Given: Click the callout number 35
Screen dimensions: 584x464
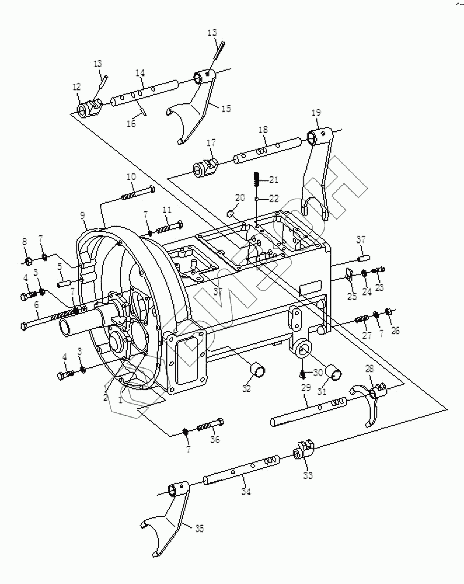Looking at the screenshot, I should (x=200, y=529).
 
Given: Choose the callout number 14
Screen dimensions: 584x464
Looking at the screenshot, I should (x=140, y=73).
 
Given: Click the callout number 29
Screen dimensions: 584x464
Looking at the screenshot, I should (x=305, y=387).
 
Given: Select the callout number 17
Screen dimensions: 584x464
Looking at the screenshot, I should (x=210, y=142).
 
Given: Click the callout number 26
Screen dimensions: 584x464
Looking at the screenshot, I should (x=395, y=332).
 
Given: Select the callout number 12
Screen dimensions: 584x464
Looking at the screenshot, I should (x=76, y=86).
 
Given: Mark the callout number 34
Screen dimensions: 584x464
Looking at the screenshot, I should (x=246, y=492).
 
